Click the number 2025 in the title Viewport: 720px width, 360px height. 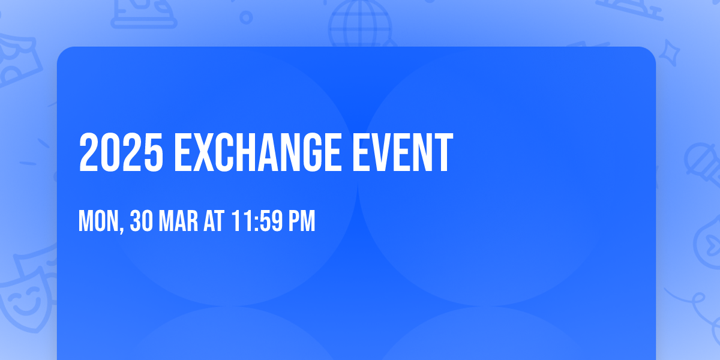(121, 153)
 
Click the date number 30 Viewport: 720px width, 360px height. (142, 221)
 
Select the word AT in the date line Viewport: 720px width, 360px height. (213, 221)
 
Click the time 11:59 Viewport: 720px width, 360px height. (256, 221)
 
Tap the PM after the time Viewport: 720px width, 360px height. (302, 221)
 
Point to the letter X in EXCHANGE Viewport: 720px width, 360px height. (208, 153)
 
